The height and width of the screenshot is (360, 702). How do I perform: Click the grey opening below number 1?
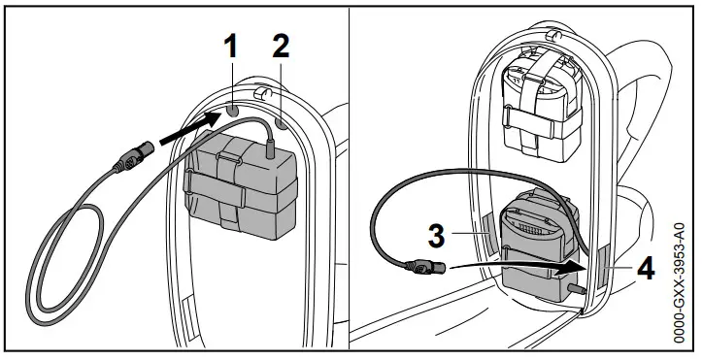234,112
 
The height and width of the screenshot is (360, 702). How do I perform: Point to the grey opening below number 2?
282,123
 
